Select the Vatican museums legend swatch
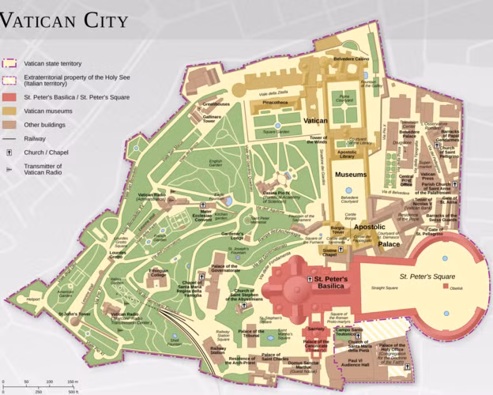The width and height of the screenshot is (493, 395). coord(10,111)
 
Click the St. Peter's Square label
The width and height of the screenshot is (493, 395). coord(427,276)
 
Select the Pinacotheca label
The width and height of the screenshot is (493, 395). coord(275,103)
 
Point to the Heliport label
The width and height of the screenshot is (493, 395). coord(32,300)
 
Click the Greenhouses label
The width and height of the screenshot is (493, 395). coord(216,103)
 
